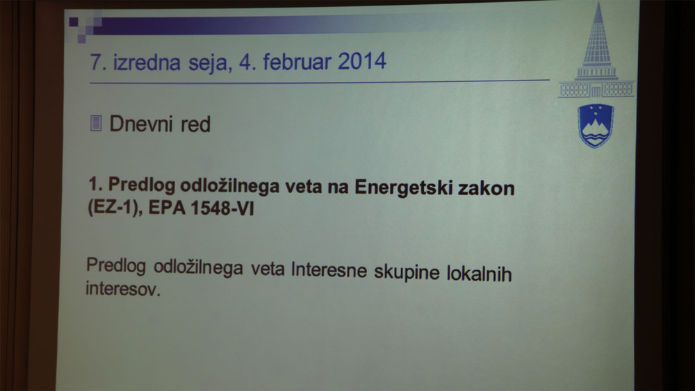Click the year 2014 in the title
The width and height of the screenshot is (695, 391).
[x=362, y=60]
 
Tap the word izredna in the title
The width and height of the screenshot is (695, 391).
[x=147, y=62]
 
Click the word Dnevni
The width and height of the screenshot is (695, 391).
[x=141, y=124]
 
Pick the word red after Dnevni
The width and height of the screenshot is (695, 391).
[x=195, y=124]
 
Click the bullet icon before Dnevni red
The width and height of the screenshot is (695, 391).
[x=96, y=123]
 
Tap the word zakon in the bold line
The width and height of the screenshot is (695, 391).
[x=486, y=188]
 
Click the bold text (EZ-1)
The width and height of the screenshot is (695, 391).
[x=115, y=207]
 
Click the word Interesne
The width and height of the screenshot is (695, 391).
[x=329, y=269]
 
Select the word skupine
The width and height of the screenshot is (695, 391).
[x=407, y=272]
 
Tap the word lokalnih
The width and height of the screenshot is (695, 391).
[x=479, y=273]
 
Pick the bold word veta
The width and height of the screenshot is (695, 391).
[x=303, y=187]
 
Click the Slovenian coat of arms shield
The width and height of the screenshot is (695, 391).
[x=596, y=126]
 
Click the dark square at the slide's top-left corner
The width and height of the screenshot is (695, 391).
[x=74, y=22]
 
